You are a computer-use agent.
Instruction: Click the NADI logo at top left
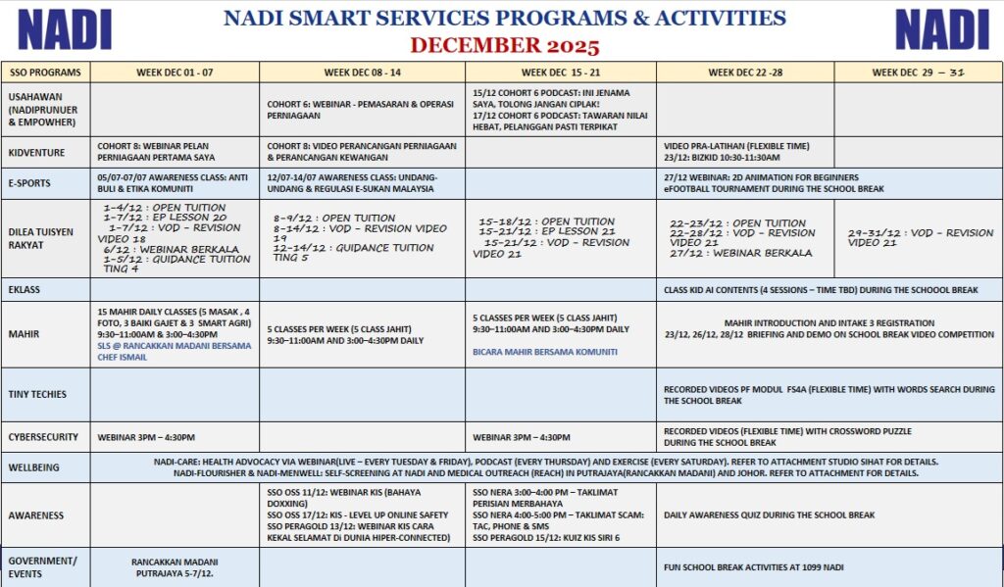(x=65, y=29)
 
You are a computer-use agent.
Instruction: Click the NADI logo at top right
(x=941, y=29)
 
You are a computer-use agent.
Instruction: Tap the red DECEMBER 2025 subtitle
(x=504, y=45)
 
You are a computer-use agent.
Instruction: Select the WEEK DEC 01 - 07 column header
(x=175, y=72)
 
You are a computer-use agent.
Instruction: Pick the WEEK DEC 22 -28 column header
(x=745, y=72)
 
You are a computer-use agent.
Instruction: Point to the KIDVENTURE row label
(x=38, y=153)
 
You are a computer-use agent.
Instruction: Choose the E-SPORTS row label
(x=31, y=183)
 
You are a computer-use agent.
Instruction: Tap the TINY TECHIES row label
(x=37, y=394)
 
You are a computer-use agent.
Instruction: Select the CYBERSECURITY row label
(x=43, y=437)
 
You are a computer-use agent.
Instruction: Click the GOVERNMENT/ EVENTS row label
(x=41, y=567)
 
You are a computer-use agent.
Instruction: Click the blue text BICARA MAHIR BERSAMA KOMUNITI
(x=545, y=351)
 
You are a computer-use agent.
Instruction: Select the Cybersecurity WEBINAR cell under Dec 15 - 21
(x=521, y=437)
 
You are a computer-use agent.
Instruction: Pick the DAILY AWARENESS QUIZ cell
(x=769, y=514)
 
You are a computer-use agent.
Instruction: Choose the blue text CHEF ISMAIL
(x=122, y=358)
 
